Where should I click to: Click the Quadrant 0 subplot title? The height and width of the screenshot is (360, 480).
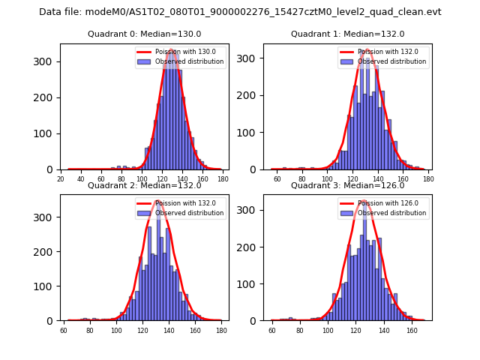(145, 34)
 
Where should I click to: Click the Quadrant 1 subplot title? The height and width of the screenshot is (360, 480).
(347, 34)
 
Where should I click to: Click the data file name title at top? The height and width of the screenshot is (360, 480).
(240, 12)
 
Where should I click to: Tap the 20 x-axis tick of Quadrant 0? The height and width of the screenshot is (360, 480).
(61, 179)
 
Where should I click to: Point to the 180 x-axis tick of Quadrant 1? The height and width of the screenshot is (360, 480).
(428, 179)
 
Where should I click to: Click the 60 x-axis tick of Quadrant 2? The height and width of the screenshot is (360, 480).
(64, 331)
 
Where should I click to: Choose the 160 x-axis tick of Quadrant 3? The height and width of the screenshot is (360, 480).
(412, 331)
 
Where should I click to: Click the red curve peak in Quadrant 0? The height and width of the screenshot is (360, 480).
(172, 49)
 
